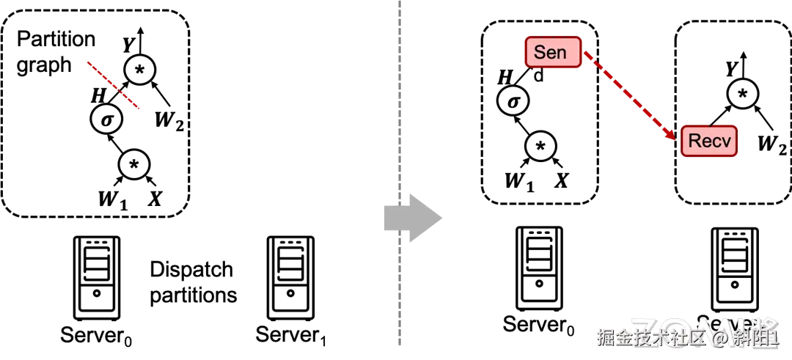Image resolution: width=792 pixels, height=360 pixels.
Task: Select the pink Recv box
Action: coord(709,141)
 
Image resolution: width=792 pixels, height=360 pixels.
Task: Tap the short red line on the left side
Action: coord(113,85)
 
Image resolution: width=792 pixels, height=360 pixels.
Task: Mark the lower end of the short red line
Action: coord(138,109)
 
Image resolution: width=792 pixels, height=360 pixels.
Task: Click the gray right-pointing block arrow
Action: coord(412,218)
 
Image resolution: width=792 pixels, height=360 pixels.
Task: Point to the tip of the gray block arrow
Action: coord(444,218)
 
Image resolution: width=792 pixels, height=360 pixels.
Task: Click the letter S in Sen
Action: coord(540,52)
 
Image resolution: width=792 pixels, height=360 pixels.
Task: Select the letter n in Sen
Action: coord(561,53)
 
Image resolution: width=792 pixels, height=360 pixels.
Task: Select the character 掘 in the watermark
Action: coord(606,338)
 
